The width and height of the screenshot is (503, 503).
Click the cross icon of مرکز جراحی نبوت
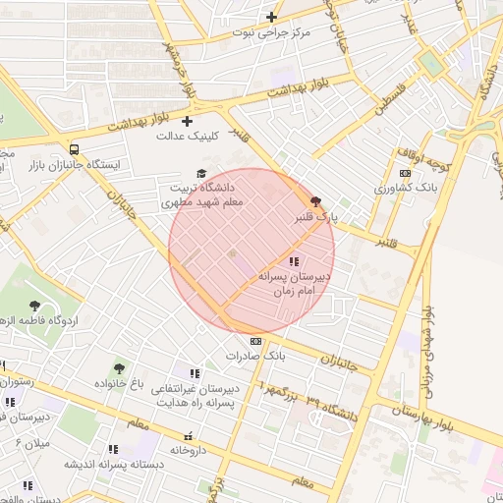272,17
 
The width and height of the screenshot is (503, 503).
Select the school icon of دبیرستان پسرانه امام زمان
294,261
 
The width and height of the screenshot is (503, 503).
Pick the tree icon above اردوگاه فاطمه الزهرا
36,306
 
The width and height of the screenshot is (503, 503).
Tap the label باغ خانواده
125,382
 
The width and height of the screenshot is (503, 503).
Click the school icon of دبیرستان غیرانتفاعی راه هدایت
195,373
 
